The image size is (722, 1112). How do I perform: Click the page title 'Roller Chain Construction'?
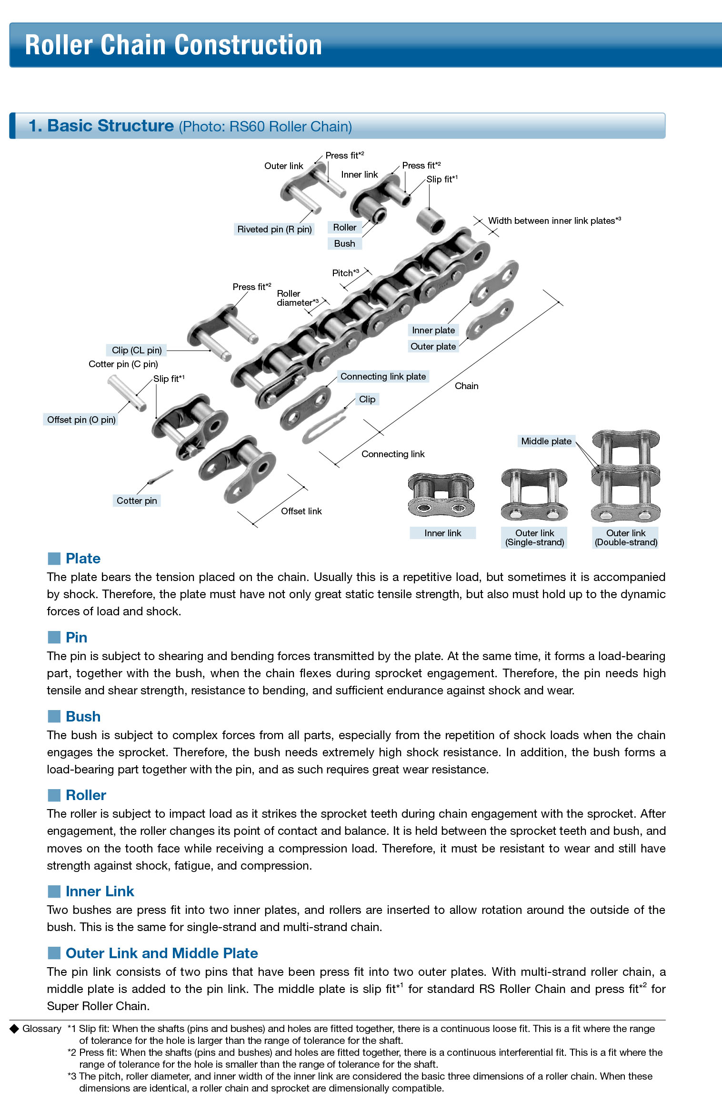click(x=173, y=45)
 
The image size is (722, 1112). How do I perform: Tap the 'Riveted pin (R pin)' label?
click(x=274, y=229)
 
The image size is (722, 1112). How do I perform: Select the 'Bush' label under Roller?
click(x=344, y=243)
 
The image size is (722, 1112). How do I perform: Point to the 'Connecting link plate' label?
click(x=383, y=376)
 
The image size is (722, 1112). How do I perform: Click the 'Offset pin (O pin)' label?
click(x=81, y=420)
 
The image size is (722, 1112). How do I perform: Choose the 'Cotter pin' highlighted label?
click(x=137, y=501)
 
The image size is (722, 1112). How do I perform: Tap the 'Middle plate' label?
click(x=546, y=441)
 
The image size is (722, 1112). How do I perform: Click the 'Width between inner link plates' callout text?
click(x=554, y=220)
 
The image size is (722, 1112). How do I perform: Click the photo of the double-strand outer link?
click(x=625, y=476)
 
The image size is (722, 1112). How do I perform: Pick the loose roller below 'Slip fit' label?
click(x=431, y=220)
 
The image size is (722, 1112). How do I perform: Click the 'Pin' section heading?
click(x=76, y=637)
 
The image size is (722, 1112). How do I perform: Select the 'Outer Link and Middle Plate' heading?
click(x=161, y=953)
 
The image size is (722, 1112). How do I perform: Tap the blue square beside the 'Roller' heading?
click(x=54, y=795)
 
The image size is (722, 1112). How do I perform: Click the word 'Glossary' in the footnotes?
click(x=42, y=1029)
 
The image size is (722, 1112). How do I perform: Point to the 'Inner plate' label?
click(x=433, y=330)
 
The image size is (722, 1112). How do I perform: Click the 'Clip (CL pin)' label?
click(x=137, y=350)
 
